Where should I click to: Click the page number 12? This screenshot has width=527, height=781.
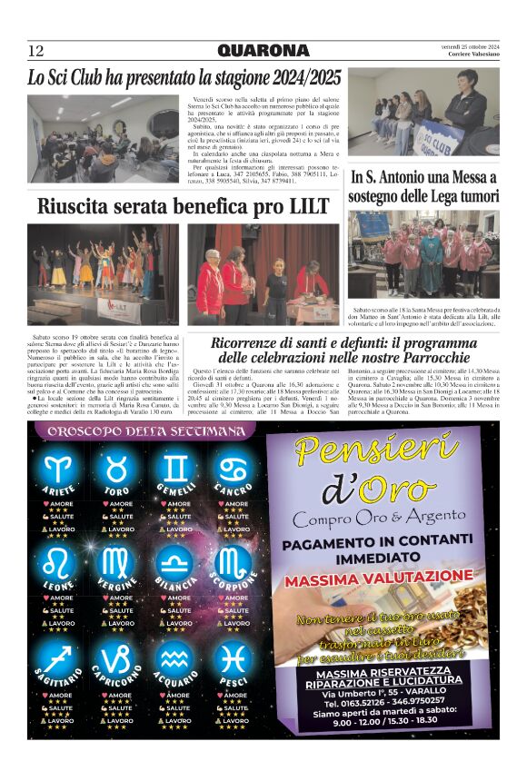pyautogui.click(x=36, y=51)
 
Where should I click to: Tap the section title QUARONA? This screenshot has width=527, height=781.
pyautogui.click(x=263, y=51)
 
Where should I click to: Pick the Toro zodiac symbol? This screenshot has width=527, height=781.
pyautogui.click(x=117, y=469)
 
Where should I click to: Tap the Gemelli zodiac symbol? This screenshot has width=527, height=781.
pyautogui.click(x=176, y=469)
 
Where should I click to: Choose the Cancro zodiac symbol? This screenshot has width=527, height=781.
pyautogui.click(x=234, y=469)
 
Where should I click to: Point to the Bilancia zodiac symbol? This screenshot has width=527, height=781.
pyautogui.click(x=176, y=562)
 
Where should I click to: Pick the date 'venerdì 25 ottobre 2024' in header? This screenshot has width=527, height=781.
pyautogui.click(x=464, y=46)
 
